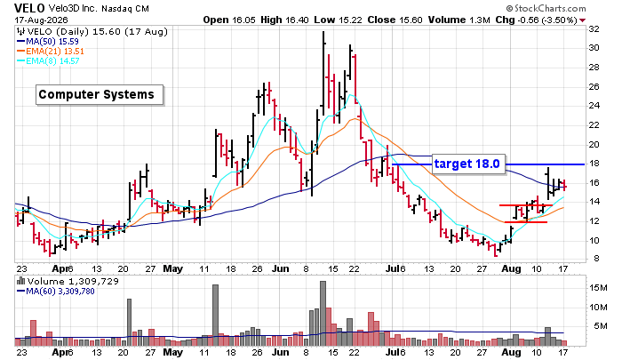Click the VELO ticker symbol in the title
[x=29, y=8]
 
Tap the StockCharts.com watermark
[x=546, y=8]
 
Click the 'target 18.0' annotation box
[x=468, y=164]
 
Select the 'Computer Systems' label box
[x=100, y=95]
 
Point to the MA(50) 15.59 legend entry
[x=48, y=41]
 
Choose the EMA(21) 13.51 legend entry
[x=51, y=52]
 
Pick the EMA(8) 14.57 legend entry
[x=48, y=61]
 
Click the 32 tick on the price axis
[x=594, y=29]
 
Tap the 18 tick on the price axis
[x=594, y=164]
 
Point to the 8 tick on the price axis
[x=596, y=259]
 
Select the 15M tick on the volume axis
[x=598, y=288]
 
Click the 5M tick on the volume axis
[x=601, y=326]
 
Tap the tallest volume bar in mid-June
[x=323, y=313]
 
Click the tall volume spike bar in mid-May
[x=215, y=316]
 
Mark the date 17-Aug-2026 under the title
[x=41, y=20]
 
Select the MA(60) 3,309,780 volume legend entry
[x=55, y=292]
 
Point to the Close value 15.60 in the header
[x=411, y=20]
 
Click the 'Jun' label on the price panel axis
[x=280, y=268]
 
